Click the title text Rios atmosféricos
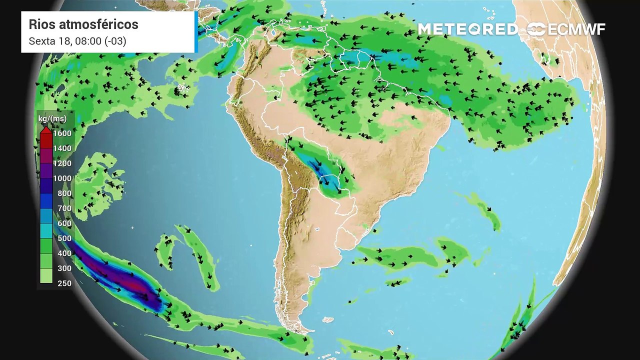(x=83, y=24)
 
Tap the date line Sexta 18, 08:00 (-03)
(x=77, y=41)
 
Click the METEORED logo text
(x=467, y=29)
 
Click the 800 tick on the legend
(x=64, y=193)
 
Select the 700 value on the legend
(x=64, y=208)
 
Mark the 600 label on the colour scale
(x=64, y=223)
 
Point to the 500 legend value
(x=64, y=238)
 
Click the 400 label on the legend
(x=64, y=253)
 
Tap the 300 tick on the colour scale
(x=64, y=268)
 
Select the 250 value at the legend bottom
(x=64, y=283)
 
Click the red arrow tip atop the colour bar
(x=46, y=130)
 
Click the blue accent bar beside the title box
(x=196, y=32)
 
